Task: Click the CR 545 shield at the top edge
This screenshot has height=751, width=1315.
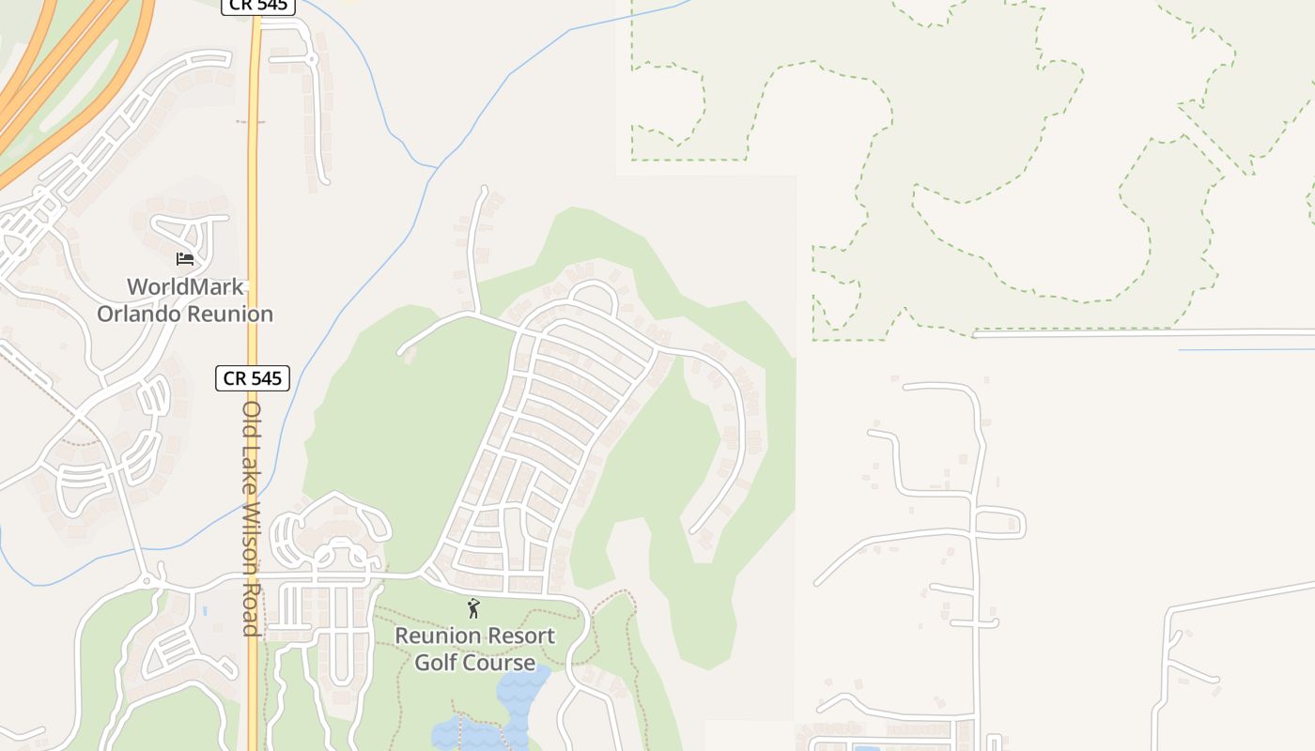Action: pyautogui.click(x=258, y=6)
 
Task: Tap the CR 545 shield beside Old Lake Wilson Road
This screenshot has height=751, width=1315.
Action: pyautogui.click(x=253, y=378)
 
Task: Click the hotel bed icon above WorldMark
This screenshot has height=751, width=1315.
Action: pyautogui.click(x=185, y=258)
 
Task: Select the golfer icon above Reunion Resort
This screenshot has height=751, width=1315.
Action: pyautogui.click(x=473, y=608)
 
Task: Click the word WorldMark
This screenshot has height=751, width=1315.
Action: pyautogui.click(x=185, y=287)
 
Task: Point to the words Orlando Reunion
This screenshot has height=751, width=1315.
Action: pyautogui.click(x=185, y=314)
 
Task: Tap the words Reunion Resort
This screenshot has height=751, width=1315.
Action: pyautogui.click(x=474, y=636)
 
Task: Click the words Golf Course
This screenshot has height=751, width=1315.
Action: pyautogui.click(x=474, y=663)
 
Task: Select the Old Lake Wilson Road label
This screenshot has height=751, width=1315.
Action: pyautogui.click(x=251, y=518)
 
